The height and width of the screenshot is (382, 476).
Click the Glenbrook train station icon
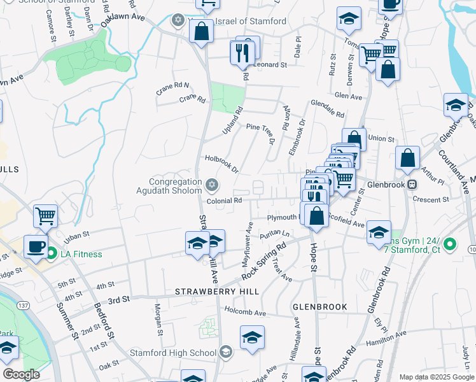click(412, 185)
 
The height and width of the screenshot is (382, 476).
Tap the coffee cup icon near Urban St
click(36, 246)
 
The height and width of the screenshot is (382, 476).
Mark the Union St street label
click(382, 138)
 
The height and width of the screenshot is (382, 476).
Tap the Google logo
click(21, 374)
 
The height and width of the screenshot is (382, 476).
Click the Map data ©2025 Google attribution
click(436, 377)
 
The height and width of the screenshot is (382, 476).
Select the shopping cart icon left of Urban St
click(45, 216)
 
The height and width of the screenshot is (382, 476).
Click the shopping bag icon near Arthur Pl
click(407, 158)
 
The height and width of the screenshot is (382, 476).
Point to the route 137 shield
click(24, 306)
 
